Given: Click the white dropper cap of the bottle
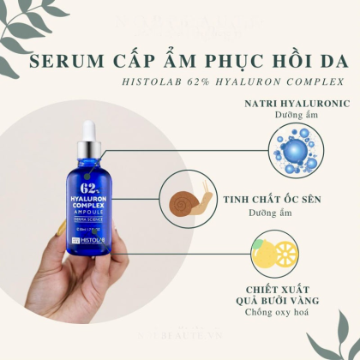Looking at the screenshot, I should [89, 135].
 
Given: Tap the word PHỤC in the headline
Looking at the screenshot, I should [210, 63].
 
